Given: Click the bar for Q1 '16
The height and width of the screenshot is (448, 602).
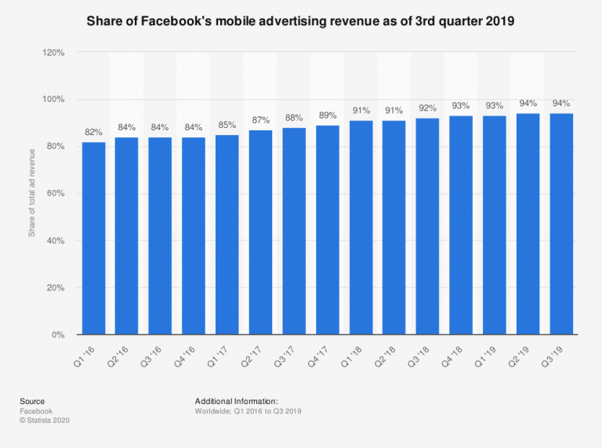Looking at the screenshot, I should [x=92, y=239].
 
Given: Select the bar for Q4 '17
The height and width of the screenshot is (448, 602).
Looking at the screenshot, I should [x=327, y=230].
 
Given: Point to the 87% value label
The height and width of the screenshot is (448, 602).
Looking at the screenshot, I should [x=260, y=120].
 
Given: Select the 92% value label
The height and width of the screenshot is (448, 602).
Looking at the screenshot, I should [x=427, y=109].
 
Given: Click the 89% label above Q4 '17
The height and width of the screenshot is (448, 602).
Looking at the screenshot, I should [x=327, y=116].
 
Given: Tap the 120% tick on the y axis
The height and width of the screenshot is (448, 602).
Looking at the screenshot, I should [x=53, y=53].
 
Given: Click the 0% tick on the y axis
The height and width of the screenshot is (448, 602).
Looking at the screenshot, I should [x=57, y=335].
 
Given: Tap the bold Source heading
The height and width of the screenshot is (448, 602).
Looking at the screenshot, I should [x=32, y=401].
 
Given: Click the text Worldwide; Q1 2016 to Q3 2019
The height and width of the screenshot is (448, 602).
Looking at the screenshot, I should [x=248, y=411].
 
